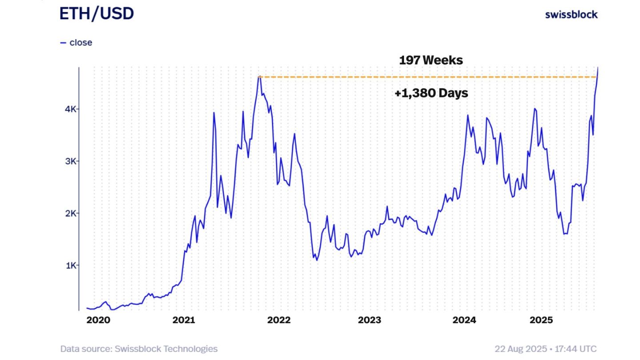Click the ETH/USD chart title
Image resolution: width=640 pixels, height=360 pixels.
[x=96, y=14]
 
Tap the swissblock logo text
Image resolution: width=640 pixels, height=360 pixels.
[x=571, y=15]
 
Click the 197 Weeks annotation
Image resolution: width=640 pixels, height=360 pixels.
[x=431, y=60]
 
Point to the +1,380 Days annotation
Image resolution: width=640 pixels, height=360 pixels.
[x=431, y=93]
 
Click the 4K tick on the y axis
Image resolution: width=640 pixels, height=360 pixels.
[x=71, y=109]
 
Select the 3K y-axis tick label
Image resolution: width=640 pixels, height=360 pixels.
[x=71, y=161]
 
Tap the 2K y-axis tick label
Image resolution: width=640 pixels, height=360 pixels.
[x=71, y=213]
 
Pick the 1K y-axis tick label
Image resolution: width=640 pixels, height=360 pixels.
[x=71, y=265]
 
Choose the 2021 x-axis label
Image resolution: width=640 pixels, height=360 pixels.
[x=184, y=320]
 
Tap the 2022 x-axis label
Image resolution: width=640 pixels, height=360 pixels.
[x=279, y=320]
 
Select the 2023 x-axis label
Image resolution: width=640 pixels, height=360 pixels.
[x=369, y=320]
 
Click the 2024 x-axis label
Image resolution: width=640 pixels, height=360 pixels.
[x=464, y=320]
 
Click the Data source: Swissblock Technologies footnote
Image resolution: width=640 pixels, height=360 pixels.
[x=139, y=349]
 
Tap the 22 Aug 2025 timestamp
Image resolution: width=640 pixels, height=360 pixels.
[x=546, y=349]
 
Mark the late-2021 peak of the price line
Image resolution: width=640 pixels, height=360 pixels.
[x=259, y=77]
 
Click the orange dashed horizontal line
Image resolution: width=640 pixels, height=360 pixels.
[x=400, y=77]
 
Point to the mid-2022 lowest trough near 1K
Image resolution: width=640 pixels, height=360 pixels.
[x=317, y=260]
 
